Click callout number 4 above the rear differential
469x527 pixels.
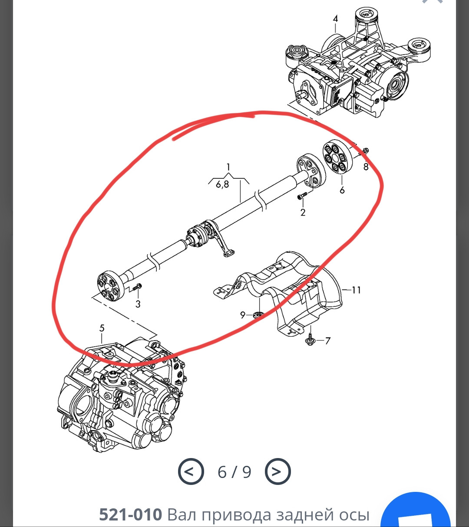335,19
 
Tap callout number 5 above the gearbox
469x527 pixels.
102,328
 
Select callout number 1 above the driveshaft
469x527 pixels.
228,167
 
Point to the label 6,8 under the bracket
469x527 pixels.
222,184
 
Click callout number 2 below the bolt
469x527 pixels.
303,213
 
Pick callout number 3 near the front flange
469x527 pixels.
138,304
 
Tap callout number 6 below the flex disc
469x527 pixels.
342,190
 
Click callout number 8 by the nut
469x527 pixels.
366,167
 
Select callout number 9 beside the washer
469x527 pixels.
243,315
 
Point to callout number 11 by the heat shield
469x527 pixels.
356,290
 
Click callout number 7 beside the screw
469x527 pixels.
327,341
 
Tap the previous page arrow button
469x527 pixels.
191,471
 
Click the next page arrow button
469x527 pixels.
277,471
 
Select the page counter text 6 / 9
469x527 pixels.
234,472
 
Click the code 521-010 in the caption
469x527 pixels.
130,514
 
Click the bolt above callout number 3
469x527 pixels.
136,287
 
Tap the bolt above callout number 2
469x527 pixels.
302,195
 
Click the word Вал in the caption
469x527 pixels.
182,514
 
